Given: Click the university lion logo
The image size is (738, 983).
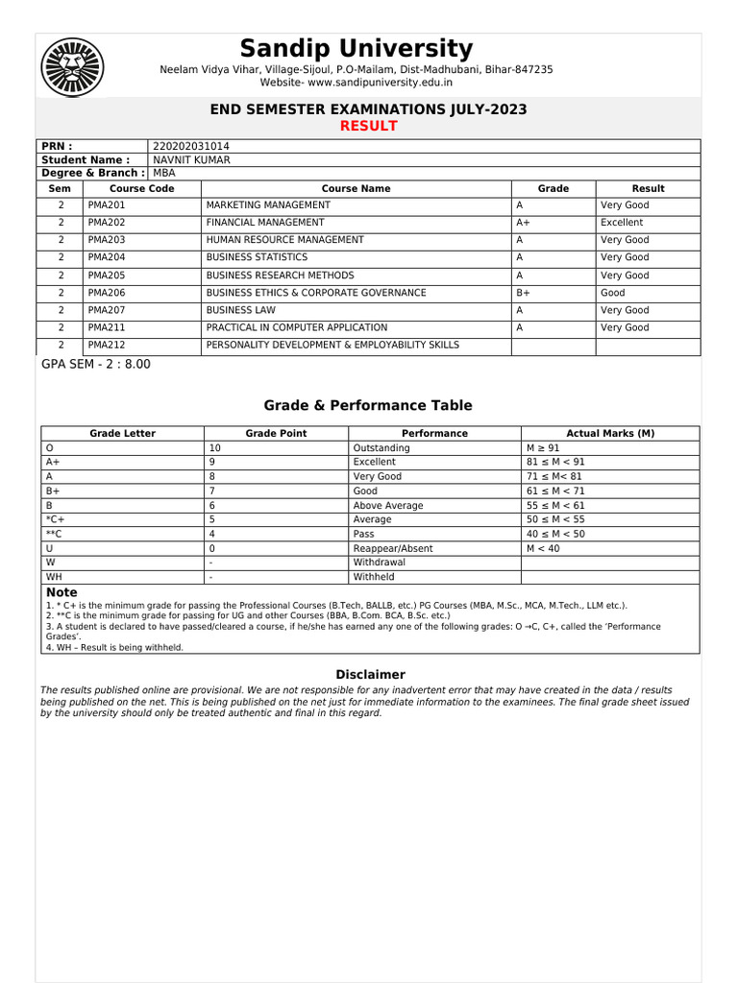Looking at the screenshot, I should pyautogui.click(x=72, y=68).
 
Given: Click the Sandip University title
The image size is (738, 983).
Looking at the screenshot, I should pyautogui.click(x=356, y=49).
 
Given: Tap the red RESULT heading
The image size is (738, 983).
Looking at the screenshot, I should pyautogui.click(x=369, y=127).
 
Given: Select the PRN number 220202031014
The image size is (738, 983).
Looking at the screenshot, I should pyautogui.click(x=191, y=146).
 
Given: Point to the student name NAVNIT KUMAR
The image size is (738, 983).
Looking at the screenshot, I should pyautogui.click(x=191, y=159).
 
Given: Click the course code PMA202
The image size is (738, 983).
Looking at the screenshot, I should pyautogui.click(x=106, y=223).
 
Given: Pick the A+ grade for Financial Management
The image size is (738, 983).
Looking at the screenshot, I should pyautogui.click(x=523, y=223).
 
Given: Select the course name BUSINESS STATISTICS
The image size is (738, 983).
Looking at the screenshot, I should pyautogui.click(x=257, y=257).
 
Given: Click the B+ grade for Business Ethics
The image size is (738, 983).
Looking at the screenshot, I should pyautogui.click(x=523, y=293).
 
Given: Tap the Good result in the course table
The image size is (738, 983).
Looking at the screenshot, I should pyautogui.click(x=612, y=293).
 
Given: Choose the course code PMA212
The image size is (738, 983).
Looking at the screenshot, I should pyautogui.click(x=106, y=345).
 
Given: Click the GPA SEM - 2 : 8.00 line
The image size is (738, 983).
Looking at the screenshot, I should pyautogui.click(x=96, y=365).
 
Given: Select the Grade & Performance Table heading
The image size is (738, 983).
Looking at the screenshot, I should pyautogui.click(x=368, y=406).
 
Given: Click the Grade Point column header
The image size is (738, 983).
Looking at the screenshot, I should pyautogui.click(x=276, y=433).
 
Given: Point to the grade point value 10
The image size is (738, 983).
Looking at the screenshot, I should pyautogui.click(x=214, y=448).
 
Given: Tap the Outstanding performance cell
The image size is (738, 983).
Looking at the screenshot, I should pyautogui.click(x=381, y=448).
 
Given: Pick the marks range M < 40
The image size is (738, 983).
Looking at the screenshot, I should pyautogui.click(x=543, y=548).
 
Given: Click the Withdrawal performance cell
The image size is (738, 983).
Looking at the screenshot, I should pyautogui.click(x=379, y=563).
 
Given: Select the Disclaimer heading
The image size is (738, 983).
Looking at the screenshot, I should pyautogui.click(x=370, y=675).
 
